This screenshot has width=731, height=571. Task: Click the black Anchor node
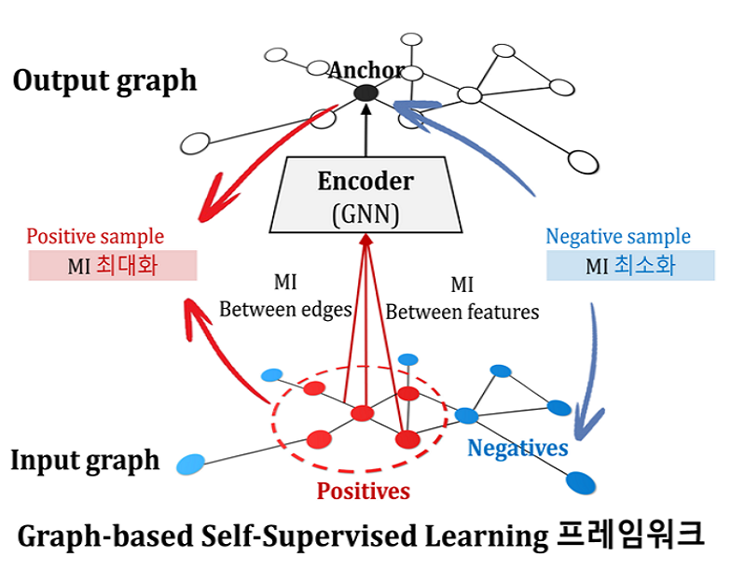click(x=365, y=92)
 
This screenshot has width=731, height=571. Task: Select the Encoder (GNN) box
click(x=365, y=196)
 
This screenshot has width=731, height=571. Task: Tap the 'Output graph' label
click(x=104, y=80)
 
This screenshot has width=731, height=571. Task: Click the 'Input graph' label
click(x=85, y=460)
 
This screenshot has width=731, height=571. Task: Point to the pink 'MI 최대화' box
click(x=113, y=266)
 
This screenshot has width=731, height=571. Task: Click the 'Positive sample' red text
click(x=95, y=237)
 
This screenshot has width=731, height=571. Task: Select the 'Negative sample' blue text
click(x=618, y=237)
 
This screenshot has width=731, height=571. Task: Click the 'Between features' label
click(x=462, y=312)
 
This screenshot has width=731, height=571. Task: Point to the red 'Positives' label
click(x=364, y=490)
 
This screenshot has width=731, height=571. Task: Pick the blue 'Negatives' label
click(x=517, y=448)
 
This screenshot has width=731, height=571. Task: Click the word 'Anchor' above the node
click(x=365, y=70)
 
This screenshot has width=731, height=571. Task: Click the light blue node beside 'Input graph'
click(x=190, y=463)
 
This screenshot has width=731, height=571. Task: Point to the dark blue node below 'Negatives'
click(x=581, y=482)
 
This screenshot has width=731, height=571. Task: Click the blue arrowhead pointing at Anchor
click(x=401, y=107)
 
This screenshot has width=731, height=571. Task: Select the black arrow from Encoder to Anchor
click(x=365, y=131)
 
